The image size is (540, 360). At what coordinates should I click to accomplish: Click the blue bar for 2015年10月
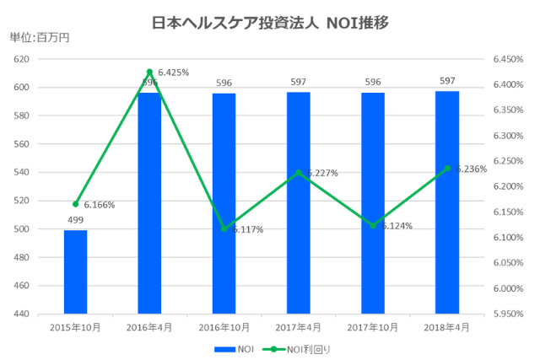click(75, 271)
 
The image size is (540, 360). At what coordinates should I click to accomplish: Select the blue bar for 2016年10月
click(224, 202)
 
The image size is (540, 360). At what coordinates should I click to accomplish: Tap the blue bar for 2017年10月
click(372, 202)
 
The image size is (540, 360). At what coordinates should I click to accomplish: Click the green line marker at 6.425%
click(149, 72)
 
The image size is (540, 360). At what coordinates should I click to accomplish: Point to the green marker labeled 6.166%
click(75, 203)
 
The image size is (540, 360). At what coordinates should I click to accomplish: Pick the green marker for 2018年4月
click(447, 169)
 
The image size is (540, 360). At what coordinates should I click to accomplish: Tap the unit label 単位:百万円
click(39, 38)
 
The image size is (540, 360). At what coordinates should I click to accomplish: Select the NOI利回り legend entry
click(295, 347)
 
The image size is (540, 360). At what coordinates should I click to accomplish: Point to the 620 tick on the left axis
click(22, 59)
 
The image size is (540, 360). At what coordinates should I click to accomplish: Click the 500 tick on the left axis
click(22, 229)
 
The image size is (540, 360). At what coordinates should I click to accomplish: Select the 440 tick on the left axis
click(22, 314)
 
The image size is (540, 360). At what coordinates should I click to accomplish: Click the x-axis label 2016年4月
click(149, 326)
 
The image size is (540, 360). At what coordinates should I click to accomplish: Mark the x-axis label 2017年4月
click(298, 326)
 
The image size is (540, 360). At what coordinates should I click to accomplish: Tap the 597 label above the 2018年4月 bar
click(447, 81)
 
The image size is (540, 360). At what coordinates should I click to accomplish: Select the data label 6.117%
click(246, 229)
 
